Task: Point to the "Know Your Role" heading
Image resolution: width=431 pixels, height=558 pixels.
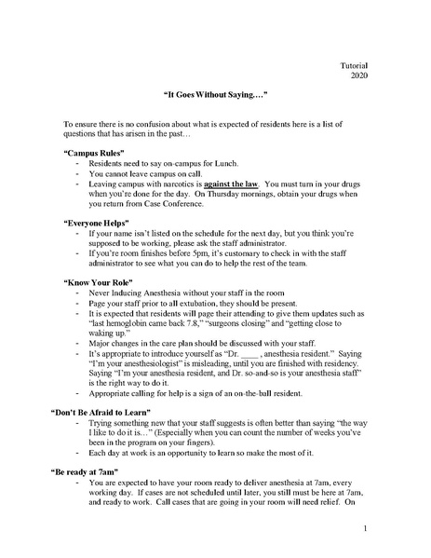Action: click(101, 280)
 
